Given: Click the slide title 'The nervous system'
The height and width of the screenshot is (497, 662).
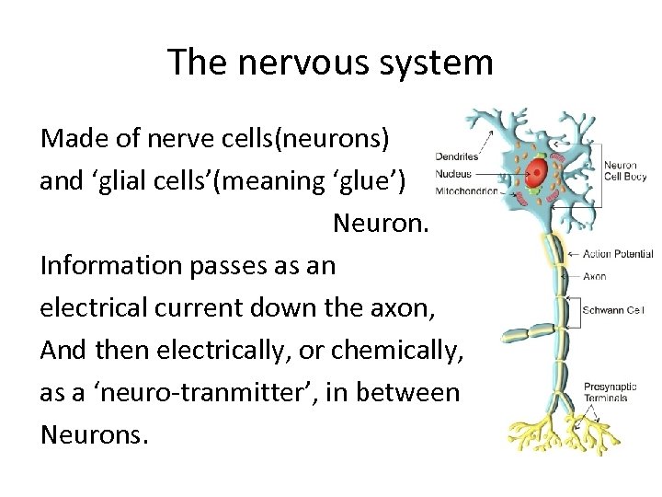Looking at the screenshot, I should point(331,63).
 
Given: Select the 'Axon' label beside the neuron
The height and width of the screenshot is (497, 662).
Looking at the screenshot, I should point(595,274).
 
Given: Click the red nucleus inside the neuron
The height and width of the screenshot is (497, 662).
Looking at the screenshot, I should point(537,169).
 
